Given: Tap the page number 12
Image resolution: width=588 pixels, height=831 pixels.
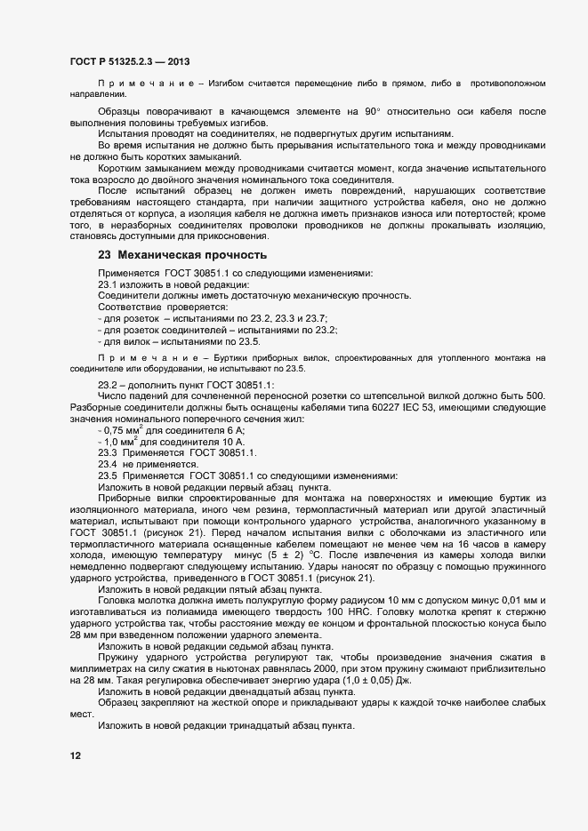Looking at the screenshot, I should coord(76,756).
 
